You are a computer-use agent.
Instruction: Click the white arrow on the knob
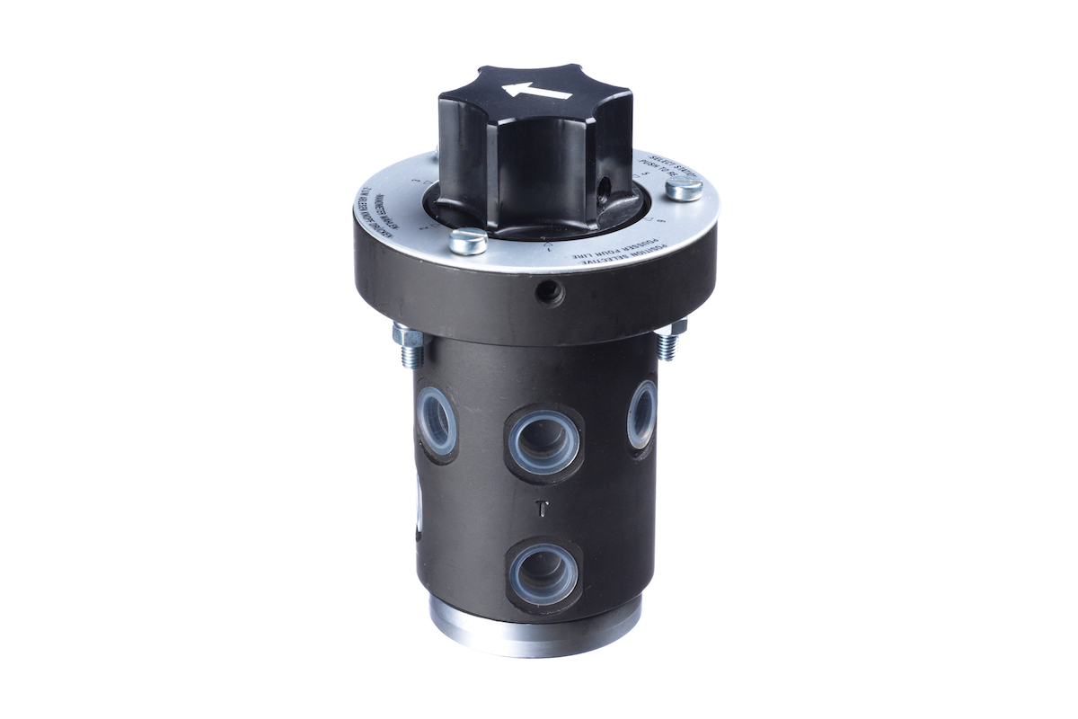[x=537, y=91]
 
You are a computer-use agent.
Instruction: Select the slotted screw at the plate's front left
[x=467, y=240]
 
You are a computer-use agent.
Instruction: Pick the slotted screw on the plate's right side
[x=685, y=189]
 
